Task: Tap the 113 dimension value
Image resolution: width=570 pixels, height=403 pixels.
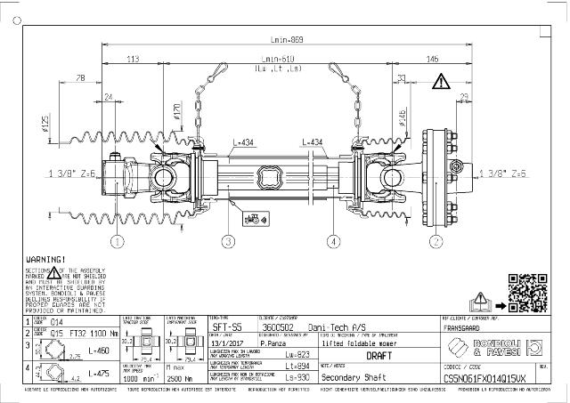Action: point(133,60)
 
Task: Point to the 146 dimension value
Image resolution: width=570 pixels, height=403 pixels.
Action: point(432,60)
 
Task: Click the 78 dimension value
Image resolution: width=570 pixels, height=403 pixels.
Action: point(82,79)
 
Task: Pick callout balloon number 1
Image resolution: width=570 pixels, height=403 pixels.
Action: point(117,240)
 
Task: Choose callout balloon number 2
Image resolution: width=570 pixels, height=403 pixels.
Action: point(436,240)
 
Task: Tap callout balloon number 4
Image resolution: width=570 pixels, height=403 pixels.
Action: point(332,240)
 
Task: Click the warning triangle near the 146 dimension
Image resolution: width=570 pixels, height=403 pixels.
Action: point(442,83)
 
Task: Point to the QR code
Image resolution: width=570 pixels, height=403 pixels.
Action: point(524,290)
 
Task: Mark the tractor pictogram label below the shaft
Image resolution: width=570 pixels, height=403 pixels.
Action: point(252,216)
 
